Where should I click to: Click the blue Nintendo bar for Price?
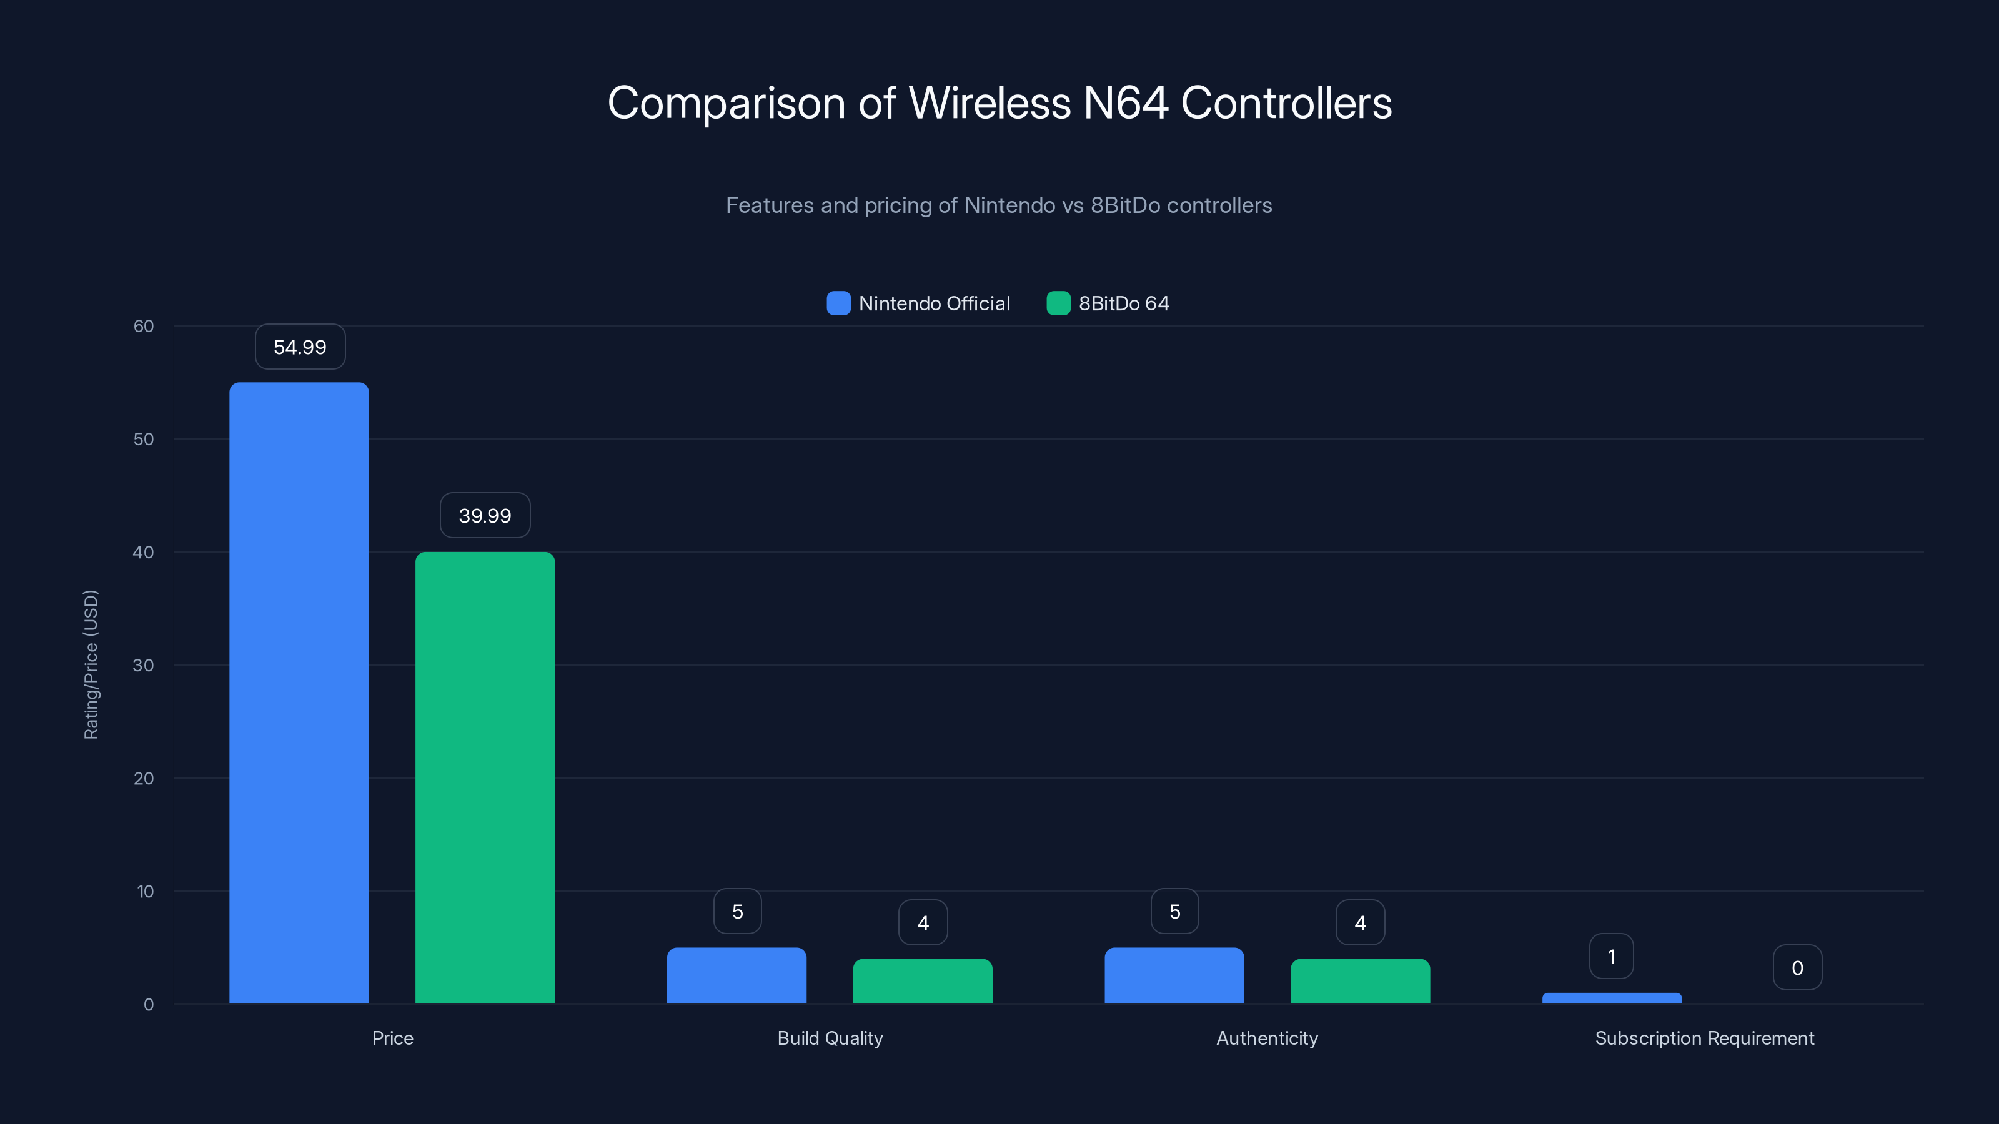[299, 693]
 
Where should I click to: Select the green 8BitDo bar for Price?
[485, 777]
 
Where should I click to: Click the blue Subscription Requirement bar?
[1612, 998]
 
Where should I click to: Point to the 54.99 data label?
[300, 347]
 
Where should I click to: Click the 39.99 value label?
[485, 516]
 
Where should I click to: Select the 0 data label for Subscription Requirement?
[1797, 967]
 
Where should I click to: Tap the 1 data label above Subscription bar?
[1612, 957]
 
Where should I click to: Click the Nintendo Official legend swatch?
[839, 303]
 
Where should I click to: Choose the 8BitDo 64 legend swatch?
[1058, 303]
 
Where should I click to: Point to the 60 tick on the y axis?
[144, 326]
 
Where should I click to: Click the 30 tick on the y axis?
[144, 665]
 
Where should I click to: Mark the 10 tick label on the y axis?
[145, 891]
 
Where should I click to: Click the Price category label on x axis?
[393, 1038]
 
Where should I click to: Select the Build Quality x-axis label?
[830, 1038]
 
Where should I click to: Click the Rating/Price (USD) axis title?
[91, 665]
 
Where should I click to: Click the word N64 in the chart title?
[1125, 102]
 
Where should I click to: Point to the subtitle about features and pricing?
[999, 205]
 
